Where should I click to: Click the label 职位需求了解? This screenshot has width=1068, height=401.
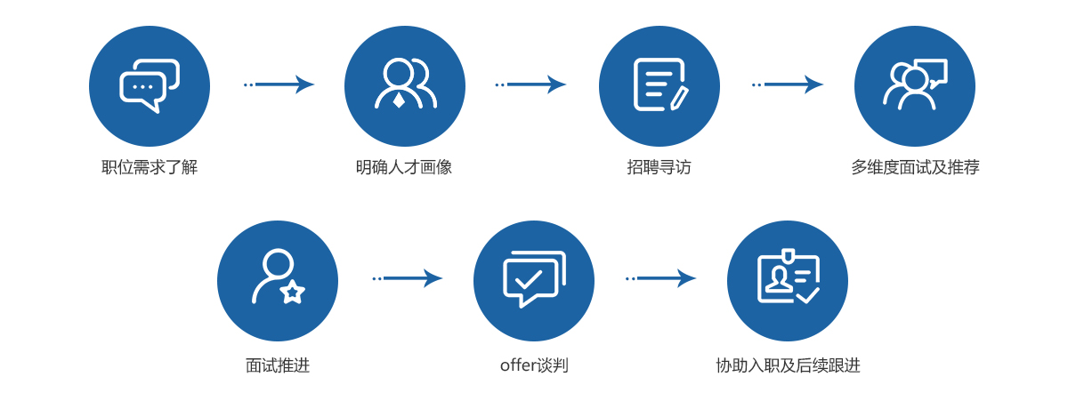(x=150, y=167)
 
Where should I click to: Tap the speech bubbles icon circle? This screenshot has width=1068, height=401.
(x=150, y=86)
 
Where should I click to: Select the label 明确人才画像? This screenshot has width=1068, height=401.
(x=404, y=167)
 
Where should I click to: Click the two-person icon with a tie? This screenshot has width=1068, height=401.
(x=405, y=86)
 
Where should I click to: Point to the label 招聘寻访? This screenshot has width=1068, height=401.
(x=659, y=167)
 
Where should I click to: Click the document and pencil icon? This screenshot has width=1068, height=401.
(x=659, y=86)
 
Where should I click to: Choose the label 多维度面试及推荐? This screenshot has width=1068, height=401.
(x=915, y=167)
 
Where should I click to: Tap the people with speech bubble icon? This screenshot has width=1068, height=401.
(x=915, y=86)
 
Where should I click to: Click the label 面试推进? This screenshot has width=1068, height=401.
(x=278, y=365)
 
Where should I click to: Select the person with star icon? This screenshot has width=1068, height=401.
(x=278, y=281)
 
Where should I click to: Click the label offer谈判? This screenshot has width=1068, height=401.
(x=534, y=365)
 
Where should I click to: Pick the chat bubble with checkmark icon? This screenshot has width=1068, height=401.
(x=534, y=281)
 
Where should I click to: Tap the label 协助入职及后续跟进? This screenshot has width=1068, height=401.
(x=788, y=365)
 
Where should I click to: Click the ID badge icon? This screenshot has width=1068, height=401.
(x=788, y=281)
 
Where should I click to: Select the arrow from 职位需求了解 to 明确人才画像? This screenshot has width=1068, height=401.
(x=279, y=84)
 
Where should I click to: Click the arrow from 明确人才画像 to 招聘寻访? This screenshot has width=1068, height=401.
(x=531, y=84)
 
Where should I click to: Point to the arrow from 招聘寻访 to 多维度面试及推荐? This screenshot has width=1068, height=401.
(x=788, y=84)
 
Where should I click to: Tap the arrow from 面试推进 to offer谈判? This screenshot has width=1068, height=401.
(x=408, y=278)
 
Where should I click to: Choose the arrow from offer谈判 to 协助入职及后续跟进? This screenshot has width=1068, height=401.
(x=661, y=278)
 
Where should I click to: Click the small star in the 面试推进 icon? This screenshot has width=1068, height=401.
(x=293, y=292)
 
